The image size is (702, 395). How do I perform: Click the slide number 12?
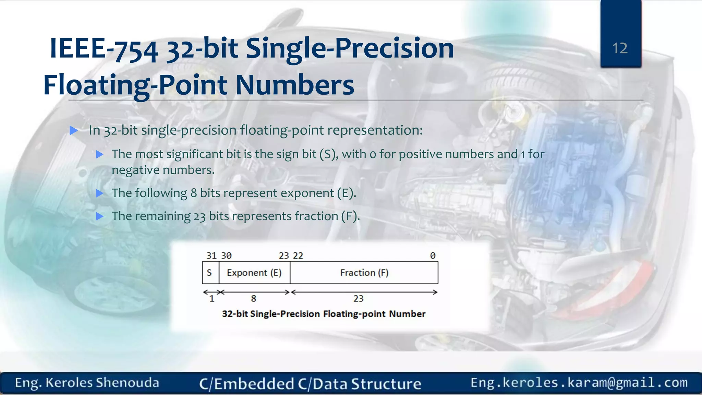coord(620,48)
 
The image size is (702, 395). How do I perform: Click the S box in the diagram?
coord(209,273)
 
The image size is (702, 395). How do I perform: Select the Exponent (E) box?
coord(254,273)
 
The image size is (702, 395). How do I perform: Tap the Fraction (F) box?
coord(364,273)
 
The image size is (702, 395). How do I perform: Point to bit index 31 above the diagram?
coord(211,256)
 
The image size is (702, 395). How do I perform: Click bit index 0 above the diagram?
coord(433,256)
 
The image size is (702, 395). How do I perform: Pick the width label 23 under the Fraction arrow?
coord(358,299)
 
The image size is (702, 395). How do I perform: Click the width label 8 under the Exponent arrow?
coord(253,299)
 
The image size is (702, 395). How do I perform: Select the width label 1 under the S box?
coord(212,299)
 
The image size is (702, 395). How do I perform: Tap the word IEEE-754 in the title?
coord(104,49)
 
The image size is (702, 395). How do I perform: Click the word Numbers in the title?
coord(295,85)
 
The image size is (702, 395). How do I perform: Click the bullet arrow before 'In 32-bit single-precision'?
coord(74,130)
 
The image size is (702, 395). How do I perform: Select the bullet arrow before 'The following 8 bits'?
coord(100,193)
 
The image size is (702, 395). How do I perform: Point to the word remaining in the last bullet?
coord(162,216)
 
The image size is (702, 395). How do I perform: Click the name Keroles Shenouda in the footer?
coord(102,383)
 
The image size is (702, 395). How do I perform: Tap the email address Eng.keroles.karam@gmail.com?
coord(579,383)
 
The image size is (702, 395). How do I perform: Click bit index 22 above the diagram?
coord(298,256)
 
